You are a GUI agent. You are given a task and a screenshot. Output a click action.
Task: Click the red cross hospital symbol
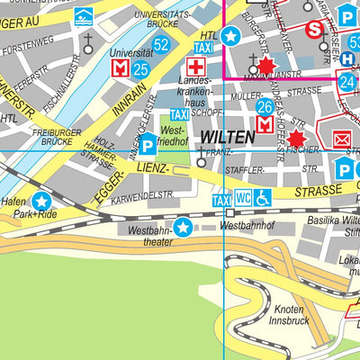point(193,67)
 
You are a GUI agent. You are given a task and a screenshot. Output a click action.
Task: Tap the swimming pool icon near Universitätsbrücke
point(83,15)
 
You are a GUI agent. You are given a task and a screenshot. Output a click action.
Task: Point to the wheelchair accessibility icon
point(262,197)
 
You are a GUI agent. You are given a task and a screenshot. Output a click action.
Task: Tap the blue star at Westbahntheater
point(184,228)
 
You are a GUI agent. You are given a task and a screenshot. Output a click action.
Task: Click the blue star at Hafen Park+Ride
point(41,202)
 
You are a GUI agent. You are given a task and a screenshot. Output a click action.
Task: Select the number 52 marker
point(161,44)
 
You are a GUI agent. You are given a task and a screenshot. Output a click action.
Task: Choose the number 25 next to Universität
point(140,68)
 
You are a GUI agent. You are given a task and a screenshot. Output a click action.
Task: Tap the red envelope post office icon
point(341,139)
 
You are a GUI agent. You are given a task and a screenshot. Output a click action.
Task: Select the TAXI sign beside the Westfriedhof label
point(179,115)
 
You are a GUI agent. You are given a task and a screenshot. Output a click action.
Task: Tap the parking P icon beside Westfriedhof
point(146,144)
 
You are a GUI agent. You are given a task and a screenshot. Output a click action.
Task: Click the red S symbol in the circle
point(314,29)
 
